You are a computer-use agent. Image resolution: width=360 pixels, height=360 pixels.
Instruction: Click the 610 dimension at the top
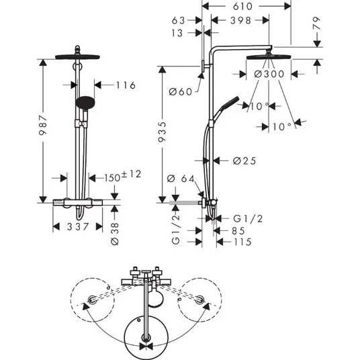242,7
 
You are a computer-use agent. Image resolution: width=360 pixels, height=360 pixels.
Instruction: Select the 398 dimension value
241,20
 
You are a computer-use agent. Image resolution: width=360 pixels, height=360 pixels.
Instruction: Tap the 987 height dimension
43,126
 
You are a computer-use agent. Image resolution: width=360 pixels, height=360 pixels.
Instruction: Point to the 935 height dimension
162,132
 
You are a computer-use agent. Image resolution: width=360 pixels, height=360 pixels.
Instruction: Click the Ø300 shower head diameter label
269,74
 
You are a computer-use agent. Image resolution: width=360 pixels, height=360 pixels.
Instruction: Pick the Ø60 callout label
181,92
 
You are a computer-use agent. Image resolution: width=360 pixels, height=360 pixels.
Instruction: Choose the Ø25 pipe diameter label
244,161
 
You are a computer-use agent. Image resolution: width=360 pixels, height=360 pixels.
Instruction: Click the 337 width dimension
78,227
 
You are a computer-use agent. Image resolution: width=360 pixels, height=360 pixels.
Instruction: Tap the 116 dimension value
126,85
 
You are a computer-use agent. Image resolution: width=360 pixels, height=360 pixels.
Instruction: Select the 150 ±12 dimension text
123,176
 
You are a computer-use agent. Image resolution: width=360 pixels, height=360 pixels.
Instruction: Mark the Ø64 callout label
181,179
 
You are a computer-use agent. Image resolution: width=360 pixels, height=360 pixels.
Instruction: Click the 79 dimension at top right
316,23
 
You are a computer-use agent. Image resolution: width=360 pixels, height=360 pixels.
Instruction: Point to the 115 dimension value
242,242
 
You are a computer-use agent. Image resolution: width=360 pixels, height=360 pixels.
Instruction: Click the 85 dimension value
238,231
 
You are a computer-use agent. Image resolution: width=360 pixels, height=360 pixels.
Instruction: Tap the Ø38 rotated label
115,234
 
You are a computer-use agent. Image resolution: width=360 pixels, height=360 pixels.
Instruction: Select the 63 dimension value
178,20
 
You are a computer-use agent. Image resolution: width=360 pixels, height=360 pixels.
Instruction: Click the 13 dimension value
177,33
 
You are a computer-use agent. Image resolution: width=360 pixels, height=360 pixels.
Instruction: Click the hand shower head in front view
85,103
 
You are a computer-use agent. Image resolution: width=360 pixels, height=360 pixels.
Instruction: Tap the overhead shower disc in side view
269,56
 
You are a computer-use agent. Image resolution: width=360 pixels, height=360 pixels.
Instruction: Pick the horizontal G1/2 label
248,218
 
